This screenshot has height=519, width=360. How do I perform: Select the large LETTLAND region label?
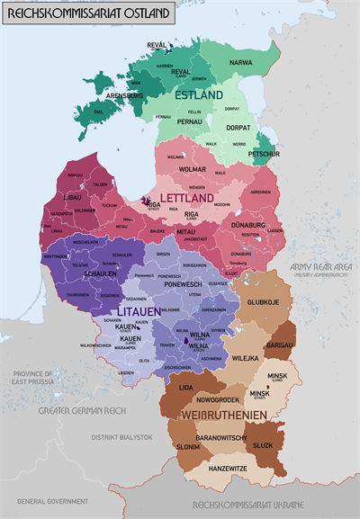(x=187, y=197)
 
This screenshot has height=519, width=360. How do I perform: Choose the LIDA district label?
(x=186, y=386)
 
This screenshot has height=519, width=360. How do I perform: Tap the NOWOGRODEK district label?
(x=218, y=398)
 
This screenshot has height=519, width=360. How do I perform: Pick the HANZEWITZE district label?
(x=229, y=468)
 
